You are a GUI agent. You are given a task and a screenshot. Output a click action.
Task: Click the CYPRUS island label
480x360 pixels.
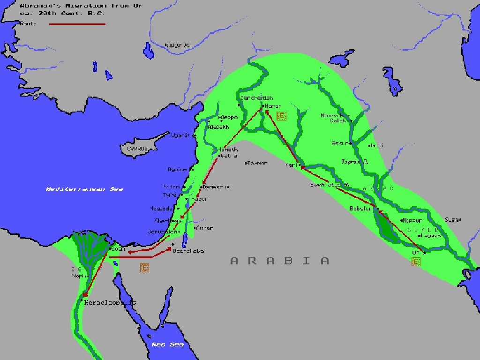(x=137, y=149)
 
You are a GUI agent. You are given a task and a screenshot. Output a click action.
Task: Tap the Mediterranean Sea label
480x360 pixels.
(x=84, y=189)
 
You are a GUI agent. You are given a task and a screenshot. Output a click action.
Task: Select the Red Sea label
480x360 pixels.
(x=167, y=345)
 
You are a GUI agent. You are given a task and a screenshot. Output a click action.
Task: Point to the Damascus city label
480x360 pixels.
(x=216, y=187)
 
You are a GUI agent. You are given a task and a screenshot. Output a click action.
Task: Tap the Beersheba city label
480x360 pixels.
(x=188, y=251)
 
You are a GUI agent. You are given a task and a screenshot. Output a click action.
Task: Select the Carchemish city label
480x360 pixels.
(x=256, y=98)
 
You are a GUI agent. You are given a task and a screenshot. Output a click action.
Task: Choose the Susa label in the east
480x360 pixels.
(x=452, y=219)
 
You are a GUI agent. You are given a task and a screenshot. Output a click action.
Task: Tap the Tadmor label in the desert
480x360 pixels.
(x=257, y=163)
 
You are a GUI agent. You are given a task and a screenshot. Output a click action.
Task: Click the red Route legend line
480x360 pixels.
(x=77, y=23)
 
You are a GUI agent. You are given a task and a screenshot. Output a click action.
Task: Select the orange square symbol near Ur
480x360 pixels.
(x=416, y=261)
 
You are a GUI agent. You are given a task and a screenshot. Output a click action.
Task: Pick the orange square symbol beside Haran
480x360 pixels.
(x=281, y=116)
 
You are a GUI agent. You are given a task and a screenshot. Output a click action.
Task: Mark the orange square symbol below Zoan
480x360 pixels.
(x=145, y=268)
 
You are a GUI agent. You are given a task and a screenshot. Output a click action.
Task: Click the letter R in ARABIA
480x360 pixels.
(x=252, y=261)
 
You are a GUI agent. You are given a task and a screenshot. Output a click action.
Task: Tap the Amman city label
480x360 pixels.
(x=205, y=228)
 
